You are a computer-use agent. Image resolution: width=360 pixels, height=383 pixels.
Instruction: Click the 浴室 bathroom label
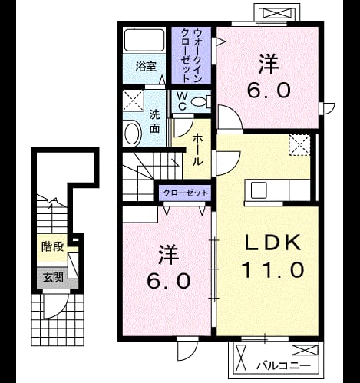[146, 67]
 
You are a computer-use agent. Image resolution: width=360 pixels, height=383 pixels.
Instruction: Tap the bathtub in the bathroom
[144, 41]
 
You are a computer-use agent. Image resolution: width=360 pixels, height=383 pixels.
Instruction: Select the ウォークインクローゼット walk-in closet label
[191, 55]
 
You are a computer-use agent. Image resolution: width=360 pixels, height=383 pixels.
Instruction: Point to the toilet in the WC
[200, 102]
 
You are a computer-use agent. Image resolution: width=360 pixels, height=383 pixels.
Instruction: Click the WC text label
[182, 101]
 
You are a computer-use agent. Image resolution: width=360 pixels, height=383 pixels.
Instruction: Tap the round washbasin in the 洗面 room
[133, 134]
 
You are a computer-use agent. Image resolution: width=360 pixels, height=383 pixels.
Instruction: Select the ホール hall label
[197, 150]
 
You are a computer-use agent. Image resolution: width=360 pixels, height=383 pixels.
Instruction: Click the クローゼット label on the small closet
[186, 193]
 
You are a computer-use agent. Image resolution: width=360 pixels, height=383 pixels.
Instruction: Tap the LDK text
[272, 243]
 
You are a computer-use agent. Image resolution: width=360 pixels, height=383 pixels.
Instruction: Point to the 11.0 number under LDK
[272, 269]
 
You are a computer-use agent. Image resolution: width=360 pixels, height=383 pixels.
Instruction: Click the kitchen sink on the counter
[259, 190]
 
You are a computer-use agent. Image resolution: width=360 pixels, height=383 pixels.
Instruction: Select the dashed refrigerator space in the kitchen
[299, 145]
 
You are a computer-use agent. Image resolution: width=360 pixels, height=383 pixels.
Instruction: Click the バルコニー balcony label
[283, 366]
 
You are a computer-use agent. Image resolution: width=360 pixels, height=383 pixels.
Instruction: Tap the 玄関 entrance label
[53, 277]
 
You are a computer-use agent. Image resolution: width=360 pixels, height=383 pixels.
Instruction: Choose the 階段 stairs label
[52, 247]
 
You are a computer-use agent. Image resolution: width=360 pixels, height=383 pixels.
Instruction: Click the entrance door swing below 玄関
[55, 305]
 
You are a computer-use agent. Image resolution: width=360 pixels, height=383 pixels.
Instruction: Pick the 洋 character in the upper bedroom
[268, 64]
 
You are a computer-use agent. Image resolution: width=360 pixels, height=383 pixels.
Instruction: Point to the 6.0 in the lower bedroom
[169, 280]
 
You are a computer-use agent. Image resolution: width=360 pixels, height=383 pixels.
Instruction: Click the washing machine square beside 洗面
[134, 101]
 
